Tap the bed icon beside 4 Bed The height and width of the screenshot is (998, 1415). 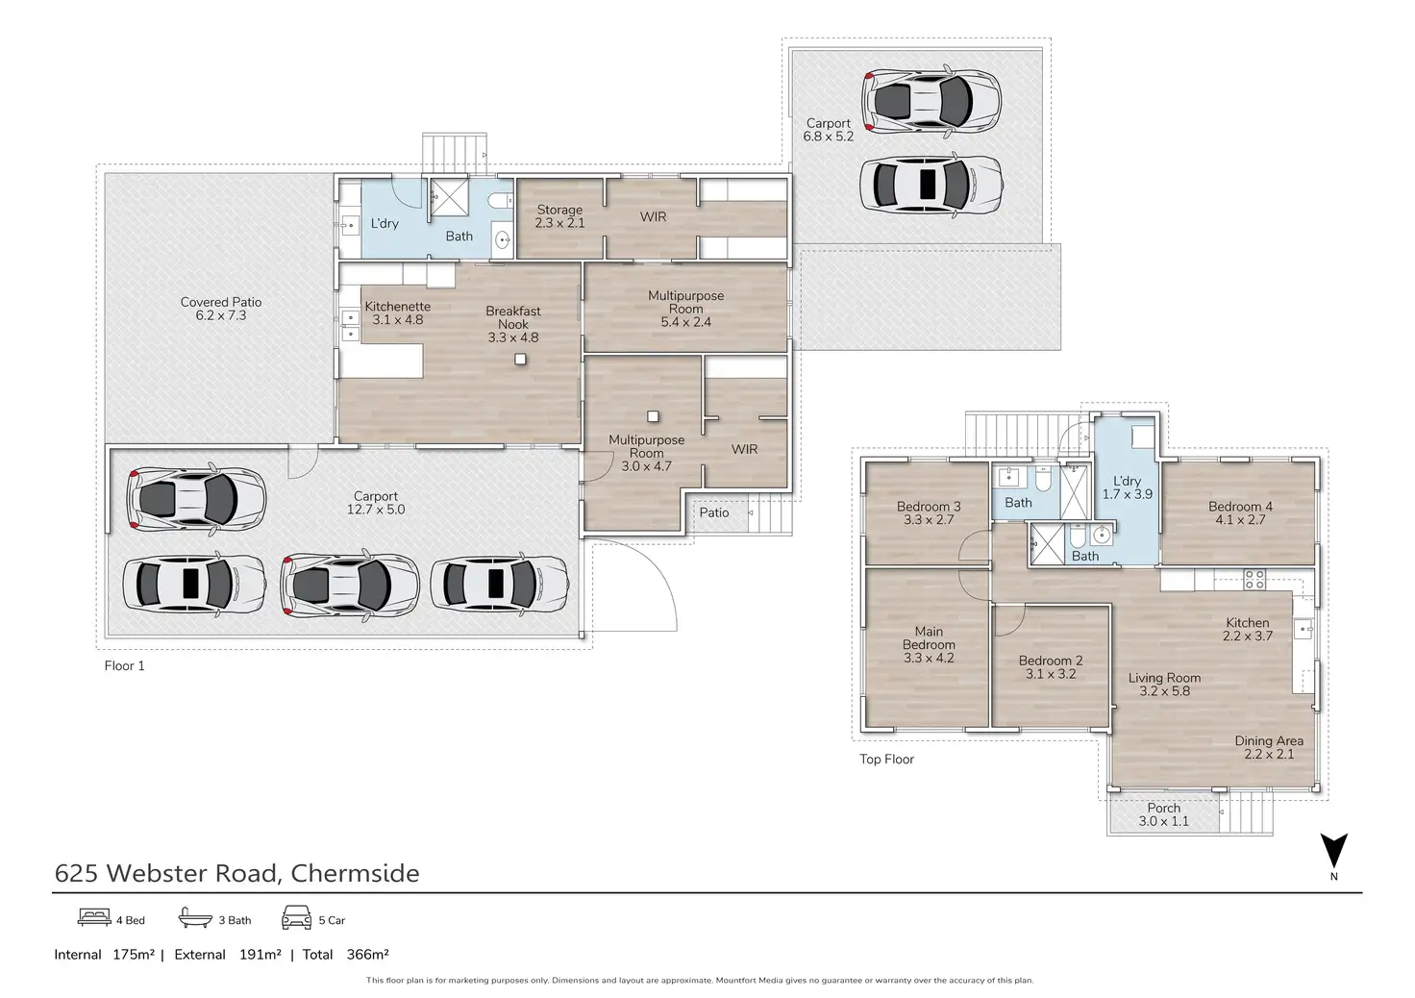point(95,917)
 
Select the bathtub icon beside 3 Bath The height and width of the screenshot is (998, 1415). point(195,917)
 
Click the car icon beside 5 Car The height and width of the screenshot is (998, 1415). point(296,918)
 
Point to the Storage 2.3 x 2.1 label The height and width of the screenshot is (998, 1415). point(559,216)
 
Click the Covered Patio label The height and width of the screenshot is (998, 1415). point(221,302)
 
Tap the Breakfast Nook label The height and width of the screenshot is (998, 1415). point(513,317)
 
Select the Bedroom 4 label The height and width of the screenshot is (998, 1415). point(1241,506)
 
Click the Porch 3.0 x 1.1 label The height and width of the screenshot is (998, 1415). point(1163,814)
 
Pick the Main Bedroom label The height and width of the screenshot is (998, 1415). point(929,637)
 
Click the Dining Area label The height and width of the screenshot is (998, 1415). point(1269,740)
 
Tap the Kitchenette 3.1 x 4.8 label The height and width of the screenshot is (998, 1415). point(397,312)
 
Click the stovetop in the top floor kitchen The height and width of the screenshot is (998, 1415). point(1254,579)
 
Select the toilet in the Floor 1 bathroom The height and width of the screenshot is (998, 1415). point(502,201)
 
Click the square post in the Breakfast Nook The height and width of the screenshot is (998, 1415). point(520,360)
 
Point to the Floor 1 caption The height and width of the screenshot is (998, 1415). point(124,665)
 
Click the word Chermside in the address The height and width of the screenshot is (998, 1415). point(355,873)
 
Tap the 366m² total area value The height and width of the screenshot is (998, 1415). point(367,954)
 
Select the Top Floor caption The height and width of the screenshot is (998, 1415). point(886,760)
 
